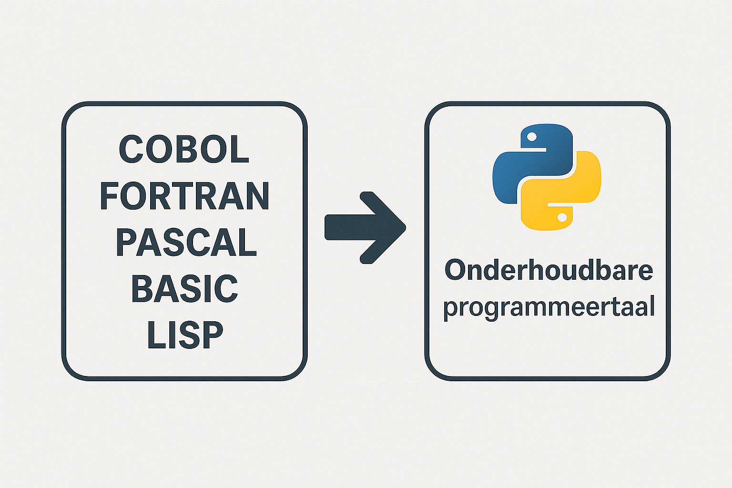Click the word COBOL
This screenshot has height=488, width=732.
tap(184, 149)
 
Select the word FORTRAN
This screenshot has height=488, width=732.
tap(184, 195)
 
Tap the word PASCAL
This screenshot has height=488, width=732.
tap(186, 242)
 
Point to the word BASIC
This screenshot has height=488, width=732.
tap(184, 288)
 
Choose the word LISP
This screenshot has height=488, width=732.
tap(185, 335)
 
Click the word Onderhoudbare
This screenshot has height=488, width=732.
tap(549, 270)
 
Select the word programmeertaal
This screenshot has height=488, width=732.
tap(549, 307)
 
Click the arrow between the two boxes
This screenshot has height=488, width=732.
tap(366, 227)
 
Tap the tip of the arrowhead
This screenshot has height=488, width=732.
tap(406, 227)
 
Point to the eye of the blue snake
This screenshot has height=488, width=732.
tap(532, 137)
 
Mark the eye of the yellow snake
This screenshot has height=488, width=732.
tap(562, 217)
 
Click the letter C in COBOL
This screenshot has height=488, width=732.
tap(131, 149)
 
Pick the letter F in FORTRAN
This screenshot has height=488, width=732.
tap(109, 195)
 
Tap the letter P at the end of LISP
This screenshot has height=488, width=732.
tap(212, 335)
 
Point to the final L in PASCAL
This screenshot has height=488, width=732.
tap(248, 242)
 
